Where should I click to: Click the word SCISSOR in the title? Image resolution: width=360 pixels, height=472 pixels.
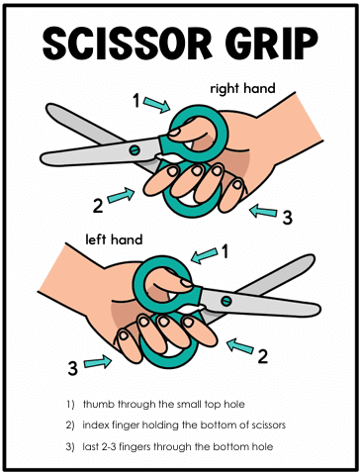tap(128, 44)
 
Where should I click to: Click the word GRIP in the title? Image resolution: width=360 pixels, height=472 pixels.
tap(272, 44)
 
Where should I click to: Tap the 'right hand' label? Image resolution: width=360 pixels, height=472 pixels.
tap(242, 89)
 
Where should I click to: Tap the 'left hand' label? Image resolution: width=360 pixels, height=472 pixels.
tap(114, 239)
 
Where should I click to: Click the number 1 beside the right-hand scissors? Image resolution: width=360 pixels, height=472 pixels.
tap(136, 101)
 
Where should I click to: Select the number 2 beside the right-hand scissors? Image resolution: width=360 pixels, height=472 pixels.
tap(98, 206)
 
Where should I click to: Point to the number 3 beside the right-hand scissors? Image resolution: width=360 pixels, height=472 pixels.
tap(287, 218)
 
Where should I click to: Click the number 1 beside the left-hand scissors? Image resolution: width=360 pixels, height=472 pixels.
tap(225, 252)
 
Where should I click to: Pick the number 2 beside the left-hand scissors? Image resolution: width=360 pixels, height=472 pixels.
tap(263, 356)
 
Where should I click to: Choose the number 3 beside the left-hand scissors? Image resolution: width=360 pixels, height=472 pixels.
tap(73, 368)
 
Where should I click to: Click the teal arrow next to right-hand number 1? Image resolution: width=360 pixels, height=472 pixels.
tap(157, 105)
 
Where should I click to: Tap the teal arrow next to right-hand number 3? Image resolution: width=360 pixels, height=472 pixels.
tap(263, 211)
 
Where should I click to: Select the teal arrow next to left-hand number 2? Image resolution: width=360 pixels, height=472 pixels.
tap(240, 346)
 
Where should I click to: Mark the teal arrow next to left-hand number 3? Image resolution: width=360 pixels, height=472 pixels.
tap(98, 362)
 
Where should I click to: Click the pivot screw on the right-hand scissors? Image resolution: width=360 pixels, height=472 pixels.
tap(135, 150)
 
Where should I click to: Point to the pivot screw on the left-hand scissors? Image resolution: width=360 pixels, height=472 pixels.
tap(226, 301)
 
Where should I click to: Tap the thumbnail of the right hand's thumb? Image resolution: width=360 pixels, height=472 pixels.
tap(174, 133)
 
